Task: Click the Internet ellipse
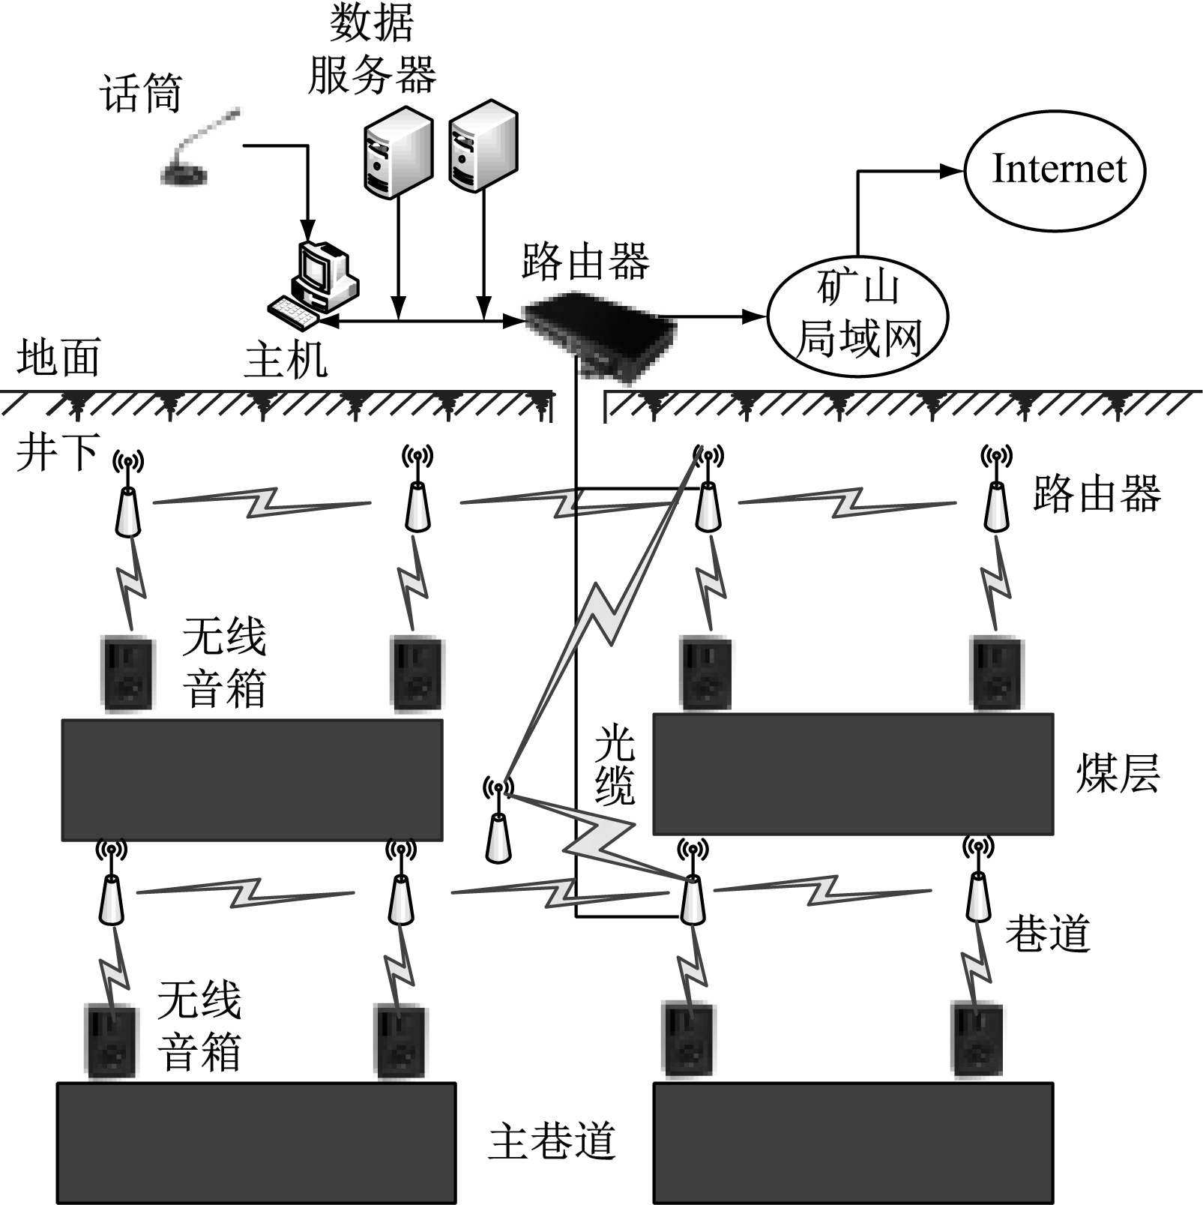point(1055,170)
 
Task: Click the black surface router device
point(600,330)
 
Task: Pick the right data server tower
point(483,145)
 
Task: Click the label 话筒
point(141,94)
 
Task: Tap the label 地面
point(58,358)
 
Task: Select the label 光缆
point(615,765)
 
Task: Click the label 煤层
point(1118,774)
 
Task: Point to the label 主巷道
point(552,1141)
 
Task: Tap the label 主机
point(286,360)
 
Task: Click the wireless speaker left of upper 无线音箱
point(127,673)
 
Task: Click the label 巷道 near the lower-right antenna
point(1046,934)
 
